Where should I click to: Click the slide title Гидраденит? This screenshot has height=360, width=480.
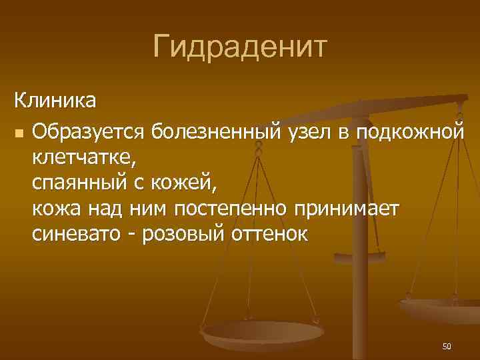tap(240, 47)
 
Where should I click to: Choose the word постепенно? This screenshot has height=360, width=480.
tap(232, 209)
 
